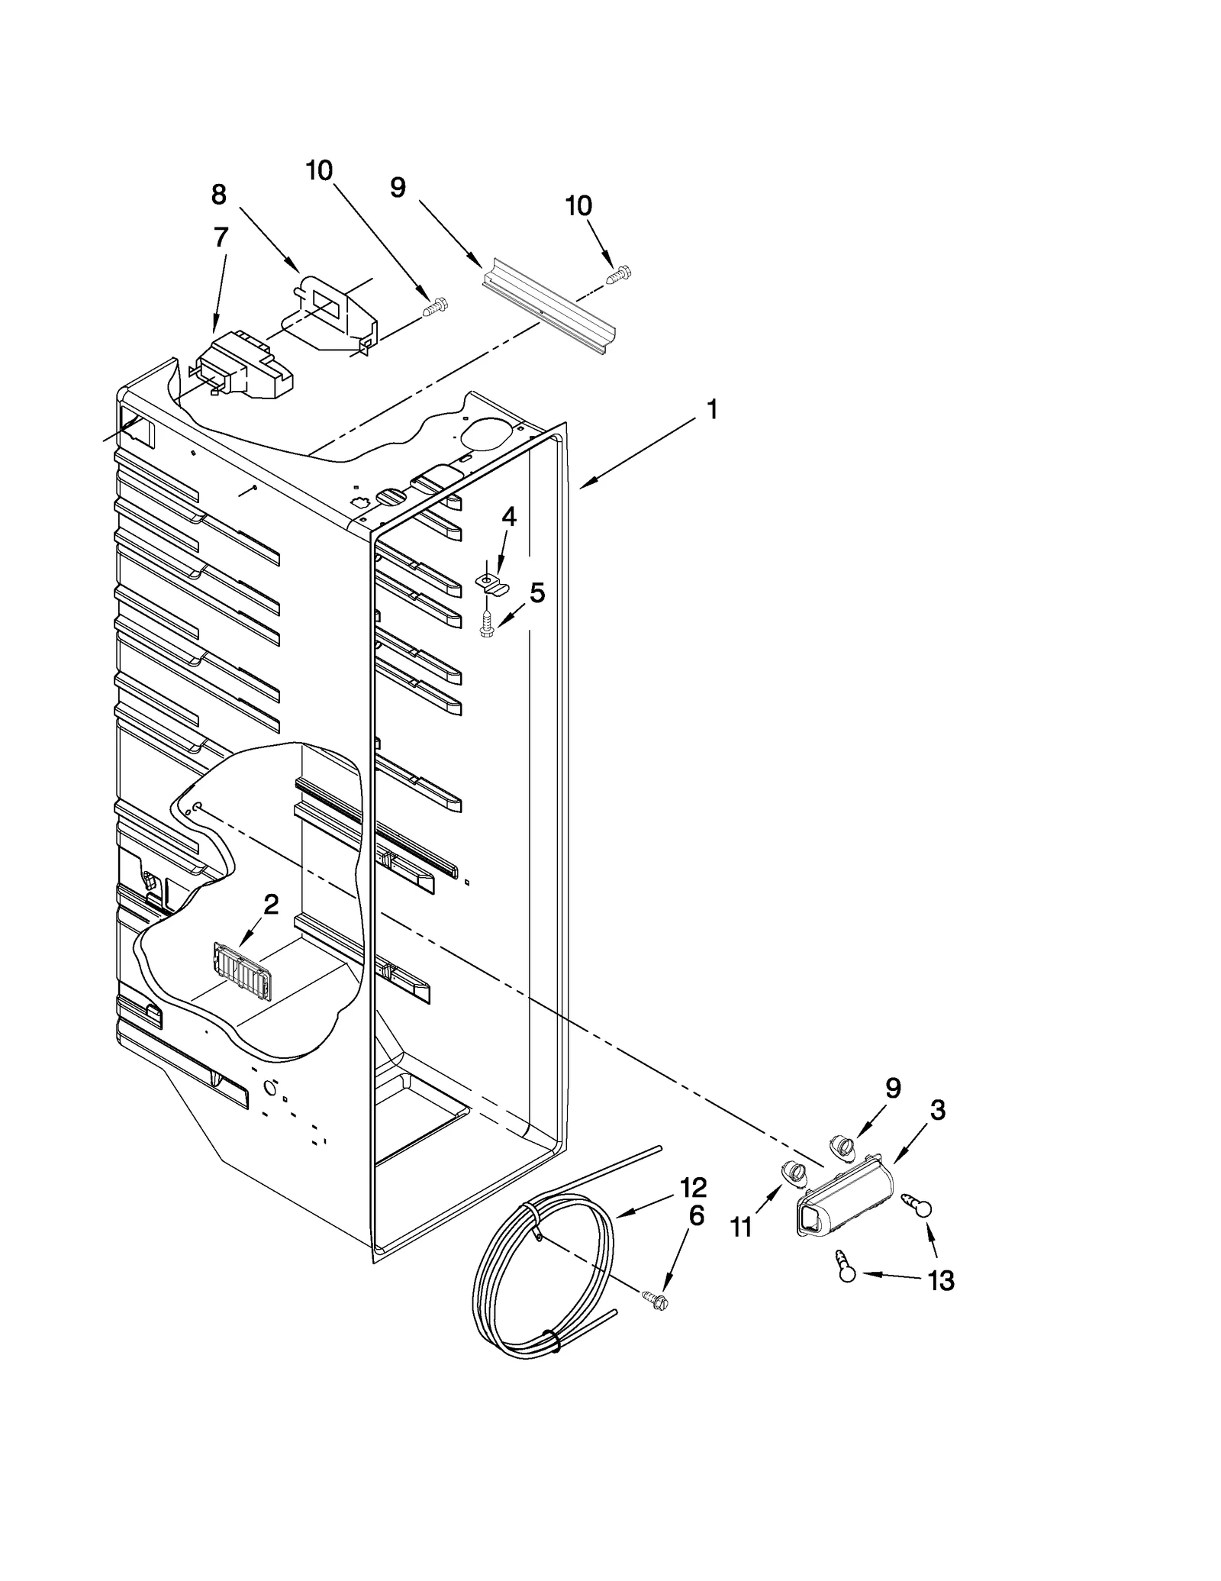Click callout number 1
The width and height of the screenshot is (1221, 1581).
click(x=711, y=411)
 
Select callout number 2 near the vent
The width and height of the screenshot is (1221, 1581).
click(x=271, y=905)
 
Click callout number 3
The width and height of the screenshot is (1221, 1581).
click(x=938, y=1111)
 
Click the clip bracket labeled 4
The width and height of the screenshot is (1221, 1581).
click(x=491, y=585)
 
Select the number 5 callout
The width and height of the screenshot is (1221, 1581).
click(x=537, y=592)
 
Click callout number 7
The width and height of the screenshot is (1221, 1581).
click(x=221, y=237)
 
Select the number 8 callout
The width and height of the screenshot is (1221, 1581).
click(x=219, y=195)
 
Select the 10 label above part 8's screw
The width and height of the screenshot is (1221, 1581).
click(x=319, y=170)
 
